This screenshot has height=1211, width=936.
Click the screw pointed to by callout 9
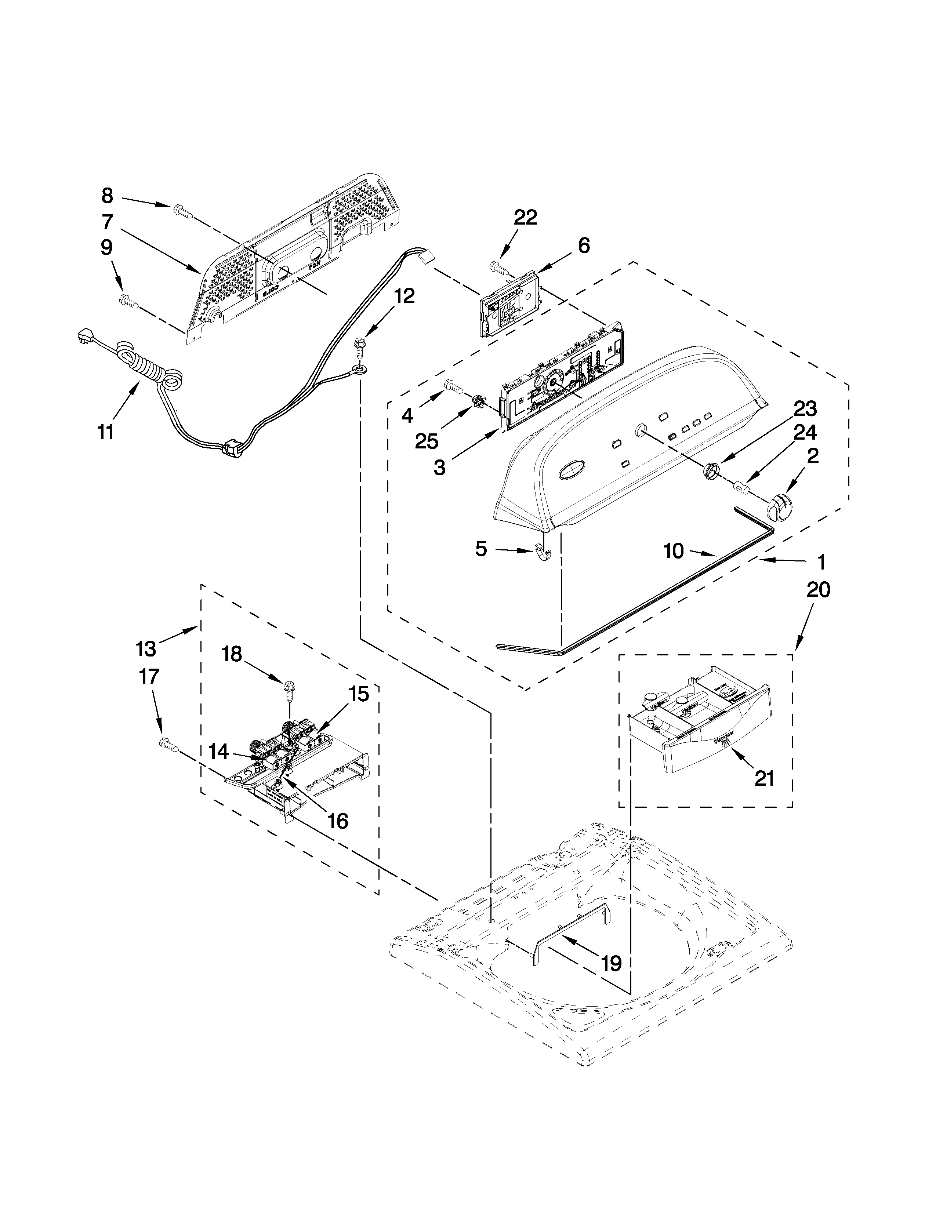click(128, 301)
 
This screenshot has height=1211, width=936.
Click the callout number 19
click(611, 964)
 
